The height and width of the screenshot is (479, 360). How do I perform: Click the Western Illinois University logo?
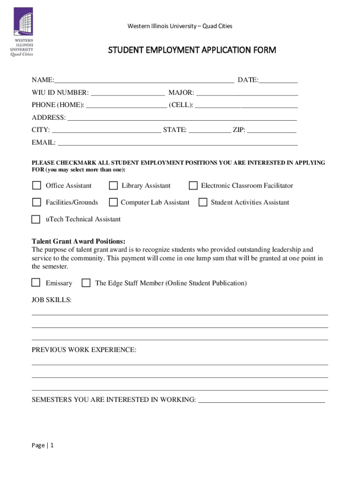pos(22,31)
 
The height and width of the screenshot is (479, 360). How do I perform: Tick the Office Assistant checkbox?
pos(36,186)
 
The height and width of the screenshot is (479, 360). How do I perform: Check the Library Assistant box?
pos(113,186)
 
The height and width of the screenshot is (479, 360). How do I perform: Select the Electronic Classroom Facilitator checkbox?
pos(193,186)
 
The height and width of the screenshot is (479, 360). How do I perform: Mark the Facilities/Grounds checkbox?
pos(36,202)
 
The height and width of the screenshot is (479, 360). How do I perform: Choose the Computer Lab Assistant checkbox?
pos(113,202)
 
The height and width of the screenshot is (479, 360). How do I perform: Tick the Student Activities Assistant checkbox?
pos(203,202)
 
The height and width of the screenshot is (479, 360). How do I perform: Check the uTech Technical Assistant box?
pos(36,219)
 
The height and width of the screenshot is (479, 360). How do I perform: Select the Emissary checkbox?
pos(36,283)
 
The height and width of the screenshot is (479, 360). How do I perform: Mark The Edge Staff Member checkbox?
pos(86,283)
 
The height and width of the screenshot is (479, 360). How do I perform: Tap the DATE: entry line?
pos(278,80)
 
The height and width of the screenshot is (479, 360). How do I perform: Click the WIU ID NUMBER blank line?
pos(128,93)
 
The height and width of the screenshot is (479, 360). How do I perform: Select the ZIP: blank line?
pos(272,130)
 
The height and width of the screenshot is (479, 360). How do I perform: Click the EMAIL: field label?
pos(43,142)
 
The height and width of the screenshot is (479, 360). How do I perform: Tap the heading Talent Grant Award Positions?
pos(79,241)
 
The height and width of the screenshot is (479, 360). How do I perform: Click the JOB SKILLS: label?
pos(51,299)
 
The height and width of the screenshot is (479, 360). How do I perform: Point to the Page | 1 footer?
pos(43,445)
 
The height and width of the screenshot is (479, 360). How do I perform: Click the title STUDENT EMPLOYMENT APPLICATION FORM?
pos(192,50)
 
